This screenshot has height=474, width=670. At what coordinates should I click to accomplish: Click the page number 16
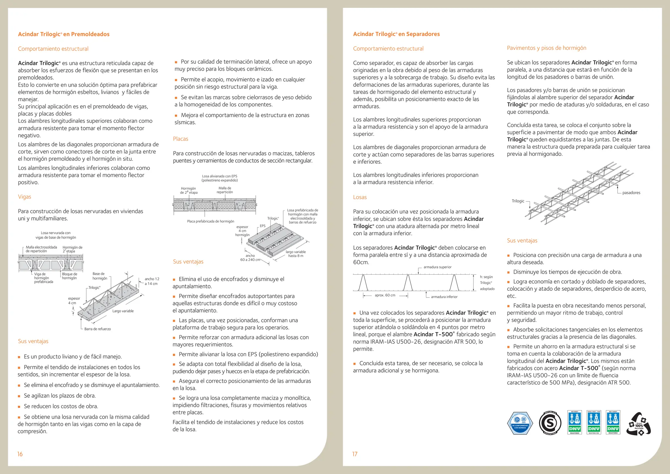[x=20, y=454]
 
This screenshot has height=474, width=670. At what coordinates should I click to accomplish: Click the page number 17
[x=355, y=454]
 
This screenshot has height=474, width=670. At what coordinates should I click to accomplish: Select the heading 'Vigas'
[x=25, y=197]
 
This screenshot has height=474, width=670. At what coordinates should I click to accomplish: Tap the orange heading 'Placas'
[x=181, y=139]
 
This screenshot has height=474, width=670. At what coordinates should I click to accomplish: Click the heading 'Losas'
[x=360, y=197]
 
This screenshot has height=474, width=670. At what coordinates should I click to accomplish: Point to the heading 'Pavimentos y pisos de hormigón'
[x=546, y=48]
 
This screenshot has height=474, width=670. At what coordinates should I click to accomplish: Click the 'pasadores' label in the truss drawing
[x=631, y=193]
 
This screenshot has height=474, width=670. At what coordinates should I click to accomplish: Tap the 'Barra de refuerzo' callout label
[x=97, y=329]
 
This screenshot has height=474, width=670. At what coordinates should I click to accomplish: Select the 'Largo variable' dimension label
[x=123, y=311]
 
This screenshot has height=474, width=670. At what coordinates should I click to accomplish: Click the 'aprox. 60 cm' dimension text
[x=385, y=295]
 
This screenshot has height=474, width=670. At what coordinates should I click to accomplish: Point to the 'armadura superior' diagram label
[x=437, y=267]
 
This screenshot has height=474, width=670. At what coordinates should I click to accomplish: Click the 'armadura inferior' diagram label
[x=444, y=297]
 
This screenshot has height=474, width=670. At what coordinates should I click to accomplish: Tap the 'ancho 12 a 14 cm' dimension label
[x=152, y=281]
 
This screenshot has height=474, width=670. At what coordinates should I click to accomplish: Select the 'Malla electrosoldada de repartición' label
[x=41, y=249]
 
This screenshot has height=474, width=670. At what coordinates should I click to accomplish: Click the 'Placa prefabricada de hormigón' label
[x=210, y=221]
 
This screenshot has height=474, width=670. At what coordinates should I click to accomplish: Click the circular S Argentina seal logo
[x=550, y=423]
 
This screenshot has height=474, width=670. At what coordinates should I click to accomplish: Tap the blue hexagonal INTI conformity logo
[x=520, y=423]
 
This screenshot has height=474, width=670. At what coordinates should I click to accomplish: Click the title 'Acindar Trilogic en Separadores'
[x=396, y=34]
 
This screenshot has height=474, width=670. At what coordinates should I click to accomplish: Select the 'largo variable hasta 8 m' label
[x=295, y=254]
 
